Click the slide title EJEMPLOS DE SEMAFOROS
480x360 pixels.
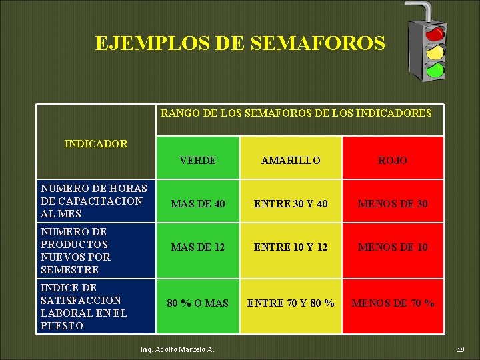click(x=240, y=43)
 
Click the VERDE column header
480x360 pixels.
click(x=197, y=161)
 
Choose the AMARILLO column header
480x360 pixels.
click(x=291, y=161)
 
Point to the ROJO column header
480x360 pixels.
click(x=393, y=161)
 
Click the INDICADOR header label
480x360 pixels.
click(x=96, y=143)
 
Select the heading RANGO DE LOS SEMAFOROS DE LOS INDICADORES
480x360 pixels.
click(x=296, y=113)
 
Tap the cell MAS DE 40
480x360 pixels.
click(x=197, y=203)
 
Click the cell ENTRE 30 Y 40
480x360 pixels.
click(x=291, y=203)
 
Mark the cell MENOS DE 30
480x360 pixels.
click(x=393, y=203)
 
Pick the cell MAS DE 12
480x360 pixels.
click(x=197, y=247)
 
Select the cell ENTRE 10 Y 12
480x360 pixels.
click(x=291, y=247)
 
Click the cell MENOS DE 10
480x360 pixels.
click(x=393, y=247)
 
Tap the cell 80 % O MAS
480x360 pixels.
click(x=197, y=303)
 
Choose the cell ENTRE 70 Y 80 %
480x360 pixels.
click(x=291, y=303)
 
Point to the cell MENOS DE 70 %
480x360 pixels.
click(x=393, y=303)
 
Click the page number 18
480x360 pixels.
click(x=460, y=350)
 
